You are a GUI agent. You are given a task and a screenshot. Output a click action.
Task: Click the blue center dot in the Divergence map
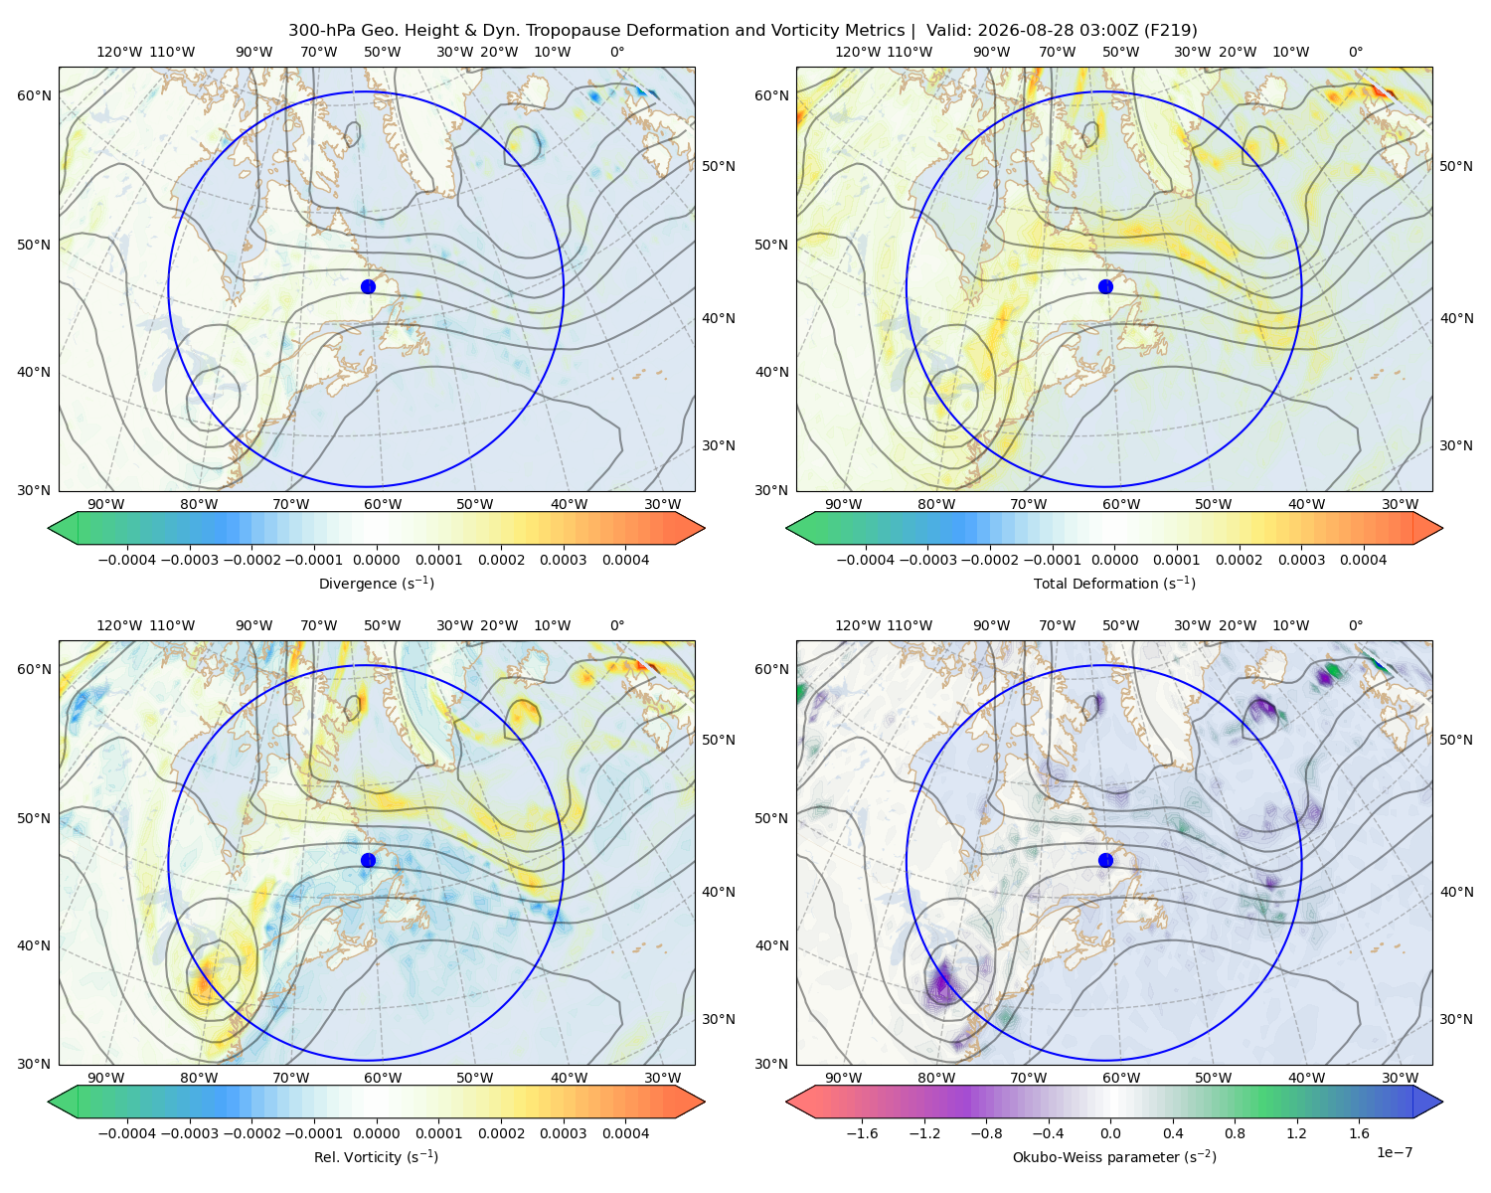[x=368, y=286]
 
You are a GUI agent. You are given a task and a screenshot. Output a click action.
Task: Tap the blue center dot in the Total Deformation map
[x=1105, y=286]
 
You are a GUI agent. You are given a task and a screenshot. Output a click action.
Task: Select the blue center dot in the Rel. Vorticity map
[x=368, y=860]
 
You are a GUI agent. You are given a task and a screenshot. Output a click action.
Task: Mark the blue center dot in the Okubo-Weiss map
[x=1105, y=860]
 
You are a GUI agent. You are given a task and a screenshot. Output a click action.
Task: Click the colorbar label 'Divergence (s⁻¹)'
[x=376, y=583]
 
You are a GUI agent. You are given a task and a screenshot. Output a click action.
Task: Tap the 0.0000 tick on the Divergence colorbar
[x=376, y=560]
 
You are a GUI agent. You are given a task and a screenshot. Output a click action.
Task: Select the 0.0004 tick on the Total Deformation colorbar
[x=1364, y=560]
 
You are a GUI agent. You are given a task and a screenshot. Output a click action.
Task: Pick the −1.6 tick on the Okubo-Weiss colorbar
[x=863, y=1133]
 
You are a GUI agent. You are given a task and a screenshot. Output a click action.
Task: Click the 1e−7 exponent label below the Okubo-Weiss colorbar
[x=1394, y=1153]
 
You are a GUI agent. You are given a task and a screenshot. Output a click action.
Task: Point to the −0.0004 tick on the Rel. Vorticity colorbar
[x=127, y=1133]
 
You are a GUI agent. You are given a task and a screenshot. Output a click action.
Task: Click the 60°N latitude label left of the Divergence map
[x=34, y=95]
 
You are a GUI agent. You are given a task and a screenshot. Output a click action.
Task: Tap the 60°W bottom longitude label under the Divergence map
[x=383, y=504]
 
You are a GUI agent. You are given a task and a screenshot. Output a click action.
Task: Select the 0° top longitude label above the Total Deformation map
[x=1356, y=52]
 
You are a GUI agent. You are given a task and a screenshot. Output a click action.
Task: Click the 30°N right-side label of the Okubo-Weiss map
[x=1456, y=1019]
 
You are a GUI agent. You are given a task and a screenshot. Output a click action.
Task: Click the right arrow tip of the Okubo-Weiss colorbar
[x=1442, y=1102]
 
